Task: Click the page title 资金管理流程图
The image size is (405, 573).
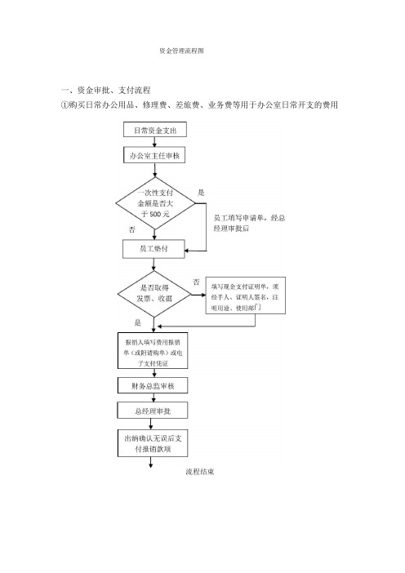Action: (181, 51)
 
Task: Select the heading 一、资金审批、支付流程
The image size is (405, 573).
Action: (105, 91)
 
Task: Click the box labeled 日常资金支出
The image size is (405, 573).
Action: (155, 130)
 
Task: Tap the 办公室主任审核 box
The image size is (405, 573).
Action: (154, 156)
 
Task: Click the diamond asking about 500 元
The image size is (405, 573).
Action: (155, 203)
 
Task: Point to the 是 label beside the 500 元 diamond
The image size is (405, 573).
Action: (201, 193)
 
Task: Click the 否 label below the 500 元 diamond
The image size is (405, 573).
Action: (132, 229)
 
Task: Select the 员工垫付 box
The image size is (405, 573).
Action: (154, 249)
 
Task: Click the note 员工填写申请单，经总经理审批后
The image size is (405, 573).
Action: (249, 223)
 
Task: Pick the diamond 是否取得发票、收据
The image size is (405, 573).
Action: (154, 294)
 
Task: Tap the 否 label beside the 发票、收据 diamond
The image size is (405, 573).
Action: (197, 282)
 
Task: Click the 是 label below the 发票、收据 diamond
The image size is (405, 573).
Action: (137, 322)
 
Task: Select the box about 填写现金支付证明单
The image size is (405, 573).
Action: (245, 295)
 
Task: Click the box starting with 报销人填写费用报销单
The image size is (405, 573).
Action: (153, 350)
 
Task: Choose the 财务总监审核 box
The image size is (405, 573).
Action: (153, 385)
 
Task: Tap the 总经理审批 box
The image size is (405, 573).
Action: (153, 411)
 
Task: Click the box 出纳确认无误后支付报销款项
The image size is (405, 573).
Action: (153, 443)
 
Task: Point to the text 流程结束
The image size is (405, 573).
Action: (199, 472)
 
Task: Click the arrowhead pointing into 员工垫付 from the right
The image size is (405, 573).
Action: (186, 251)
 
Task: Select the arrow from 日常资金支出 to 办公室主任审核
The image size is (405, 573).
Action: (154, 143)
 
